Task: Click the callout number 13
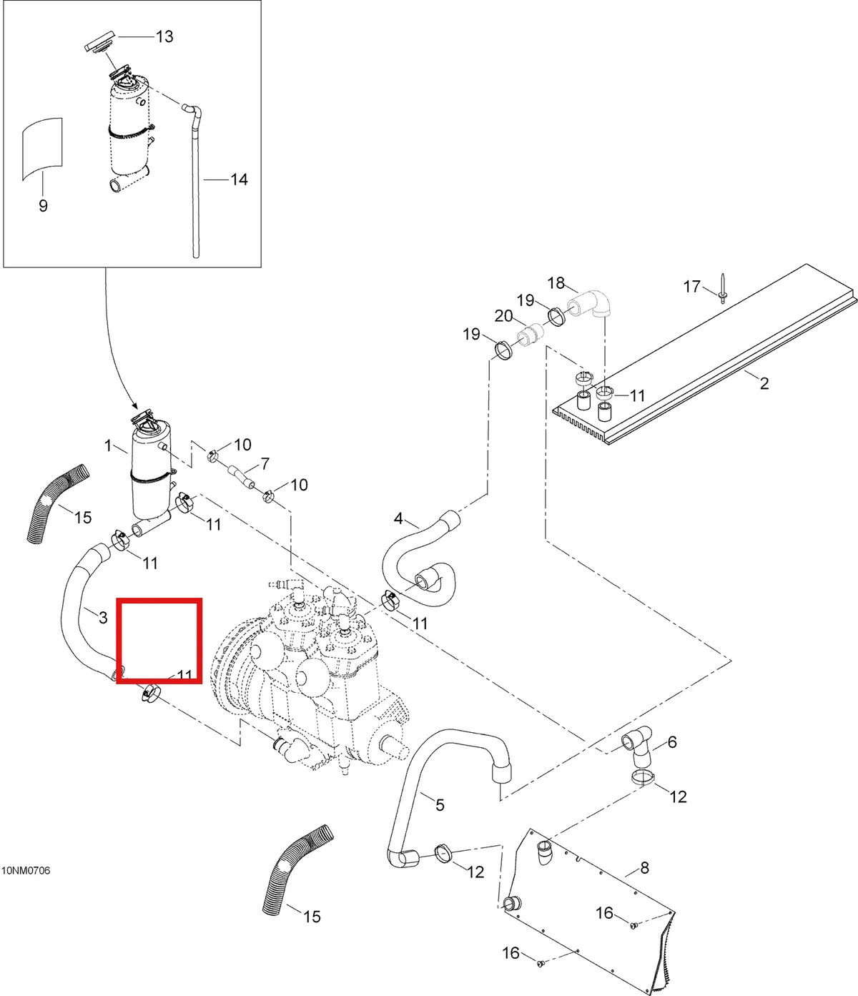(164, 36)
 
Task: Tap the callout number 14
(239, 179)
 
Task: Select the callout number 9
(44, 206)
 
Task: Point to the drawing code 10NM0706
(26, 871)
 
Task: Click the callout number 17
(692, 287)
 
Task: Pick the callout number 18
(556, 283)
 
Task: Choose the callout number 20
(503, 316)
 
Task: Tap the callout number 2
(764, 383)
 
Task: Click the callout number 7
(265, 463)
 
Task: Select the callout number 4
(398, 518)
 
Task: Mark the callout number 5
(440, 804)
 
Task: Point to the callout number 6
(673, 742)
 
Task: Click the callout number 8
(645, 868)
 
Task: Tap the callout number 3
(103, 618)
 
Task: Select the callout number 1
(108, 445)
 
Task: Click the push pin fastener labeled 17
(723, 289)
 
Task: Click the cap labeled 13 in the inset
(99, 46)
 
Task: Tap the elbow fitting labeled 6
(637, 749)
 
